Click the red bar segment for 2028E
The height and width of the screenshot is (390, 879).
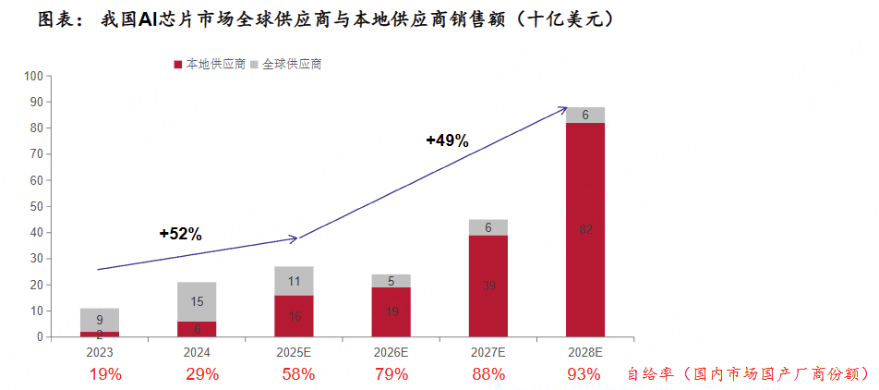coord(585,230)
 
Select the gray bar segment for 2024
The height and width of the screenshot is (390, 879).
coord(197,301)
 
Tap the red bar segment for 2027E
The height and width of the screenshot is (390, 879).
coord(488,286)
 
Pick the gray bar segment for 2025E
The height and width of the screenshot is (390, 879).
coord(294,281)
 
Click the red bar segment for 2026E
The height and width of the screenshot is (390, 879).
coord(391,312)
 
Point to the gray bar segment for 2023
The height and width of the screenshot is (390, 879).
coord(100,320)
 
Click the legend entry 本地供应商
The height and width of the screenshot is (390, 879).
coord(210,65)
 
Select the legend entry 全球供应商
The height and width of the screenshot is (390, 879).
coord(285,65)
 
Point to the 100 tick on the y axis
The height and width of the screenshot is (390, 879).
coord(33,76)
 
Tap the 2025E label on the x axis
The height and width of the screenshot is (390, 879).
coord(294,352)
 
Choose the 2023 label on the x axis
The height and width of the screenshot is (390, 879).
coord(100,352)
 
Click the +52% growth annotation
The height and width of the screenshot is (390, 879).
coord(181,234)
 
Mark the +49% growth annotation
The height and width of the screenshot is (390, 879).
coord(447,141)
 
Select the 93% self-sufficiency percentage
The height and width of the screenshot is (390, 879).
coord(584,374)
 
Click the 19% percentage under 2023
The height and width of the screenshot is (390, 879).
coord(105,374)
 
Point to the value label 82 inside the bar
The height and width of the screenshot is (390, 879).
coord(585,230)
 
